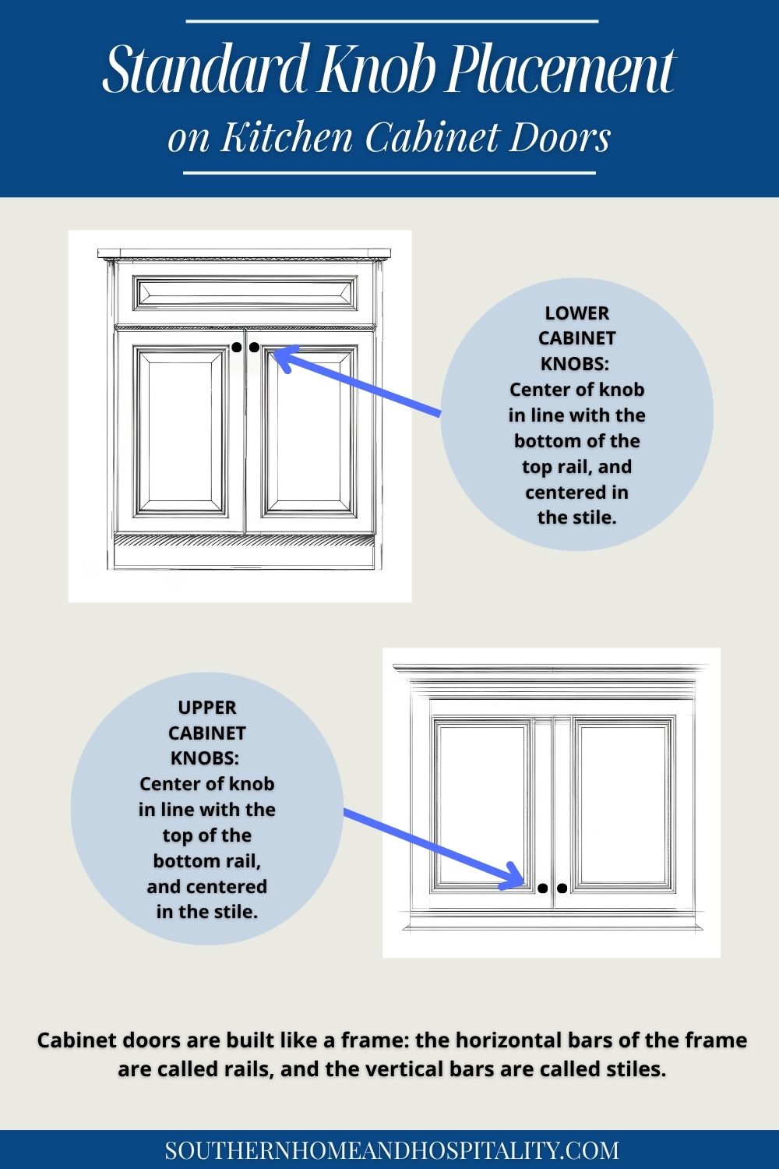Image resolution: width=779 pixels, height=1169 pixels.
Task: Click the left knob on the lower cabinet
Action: tap(236, 348)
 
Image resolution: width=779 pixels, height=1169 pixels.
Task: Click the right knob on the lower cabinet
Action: tap(254, 348)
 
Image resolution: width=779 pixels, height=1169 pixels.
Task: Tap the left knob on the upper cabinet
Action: tap(543, 888)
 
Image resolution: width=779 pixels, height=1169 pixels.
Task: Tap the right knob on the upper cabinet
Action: tap(562, 888)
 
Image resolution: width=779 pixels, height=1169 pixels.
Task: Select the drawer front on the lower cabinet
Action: tap(245, 293)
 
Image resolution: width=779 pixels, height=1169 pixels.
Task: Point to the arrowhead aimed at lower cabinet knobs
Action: tap(282, 357)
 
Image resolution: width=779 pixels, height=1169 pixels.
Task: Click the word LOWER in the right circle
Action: tap(576, 313)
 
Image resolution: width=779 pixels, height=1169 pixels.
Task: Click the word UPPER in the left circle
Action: tap(206, 708)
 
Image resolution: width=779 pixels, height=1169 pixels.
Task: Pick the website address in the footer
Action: tap(392, 1150)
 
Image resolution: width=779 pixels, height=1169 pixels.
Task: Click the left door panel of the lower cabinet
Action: tap(179, 433)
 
